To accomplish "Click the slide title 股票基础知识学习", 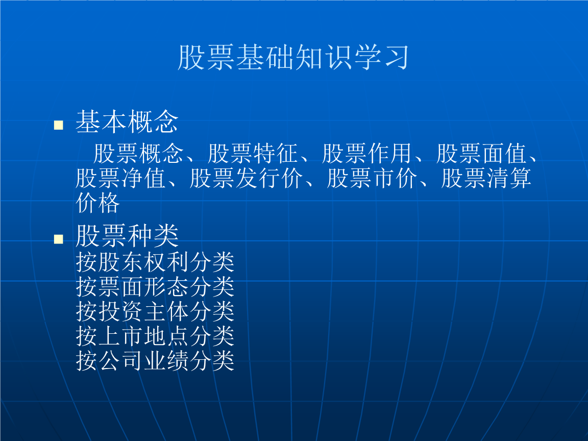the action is click(x=293, y=57).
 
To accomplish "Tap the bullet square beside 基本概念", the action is click(x=59, y=125).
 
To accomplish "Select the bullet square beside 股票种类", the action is click(x=59, y=239).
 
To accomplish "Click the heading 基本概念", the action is click(x=127, y=121).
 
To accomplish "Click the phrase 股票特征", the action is click(x=252, y=153).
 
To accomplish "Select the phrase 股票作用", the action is click(x=366, y=153).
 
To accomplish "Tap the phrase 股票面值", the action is click(x=481, y=153).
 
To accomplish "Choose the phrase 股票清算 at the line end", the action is click(x=486, y=178).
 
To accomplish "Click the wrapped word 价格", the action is click(x=98, y=203).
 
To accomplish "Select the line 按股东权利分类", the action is click(x=155, y=262).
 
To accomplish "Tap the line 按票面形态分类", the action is click(x=155, y=286).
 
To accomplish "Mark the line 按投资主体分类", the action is click(x=155, y=311).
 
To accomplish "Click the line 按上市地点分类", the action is click(x=155, y=336).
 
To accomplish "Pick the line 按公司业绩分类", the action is click(x=155, y=360).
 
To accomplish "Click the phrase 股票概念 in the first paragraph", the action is click(x=138, y=153).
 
